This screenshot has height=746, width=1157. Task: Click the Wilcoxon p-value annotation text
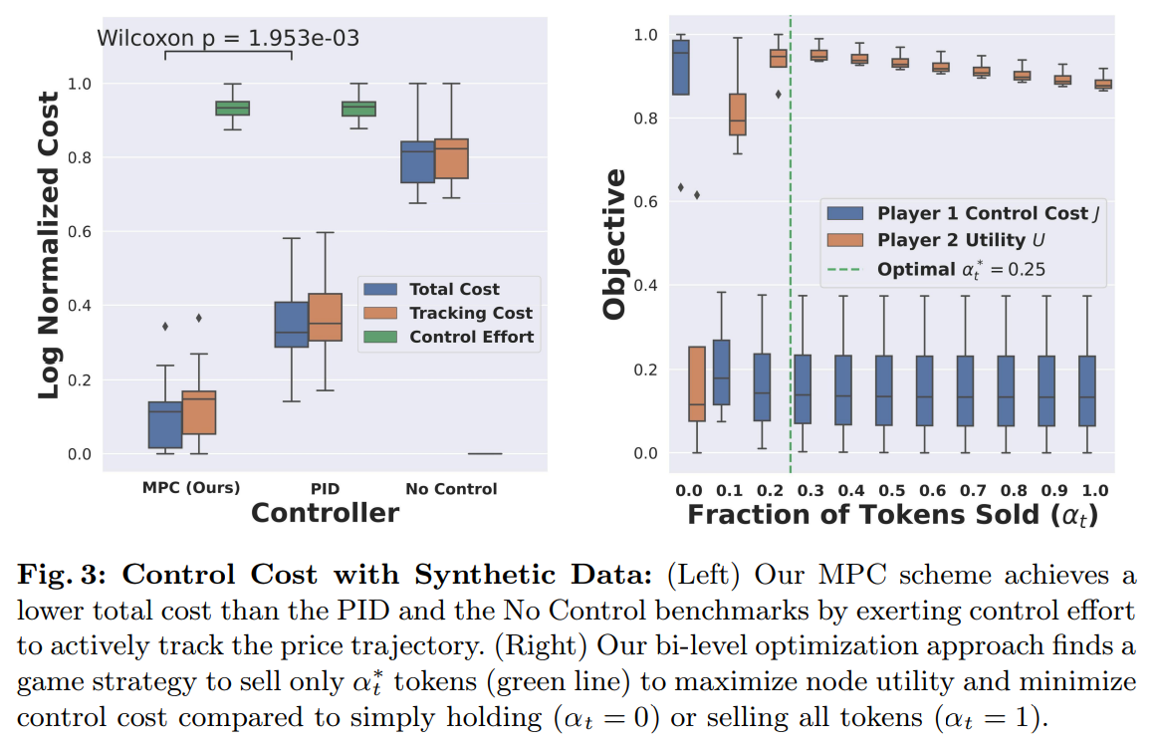tap(227, 38)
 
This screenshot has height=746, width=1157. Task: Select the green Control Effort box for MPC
tap(233, 108)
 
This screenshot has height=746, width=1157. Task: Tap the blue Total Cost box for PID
tap(292, 324)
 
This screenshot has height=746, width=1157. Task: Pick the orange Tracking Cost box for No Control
tap(452, 158)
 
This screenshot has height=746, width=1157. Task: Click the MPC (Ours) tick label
tap(190, 488)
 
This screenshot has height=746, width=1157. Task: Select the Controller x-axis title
tap(325, 513)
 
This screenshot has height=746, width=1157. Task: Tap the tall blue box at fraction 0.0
tap(681, 67)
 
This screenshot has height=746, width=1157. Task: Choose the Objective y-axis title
tap(615, 243)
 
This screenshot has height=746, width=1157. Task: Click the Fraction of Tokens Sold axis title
tap(892, 515)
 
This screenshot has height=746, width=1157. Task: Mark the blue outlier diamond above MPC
tap(165, 326)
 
